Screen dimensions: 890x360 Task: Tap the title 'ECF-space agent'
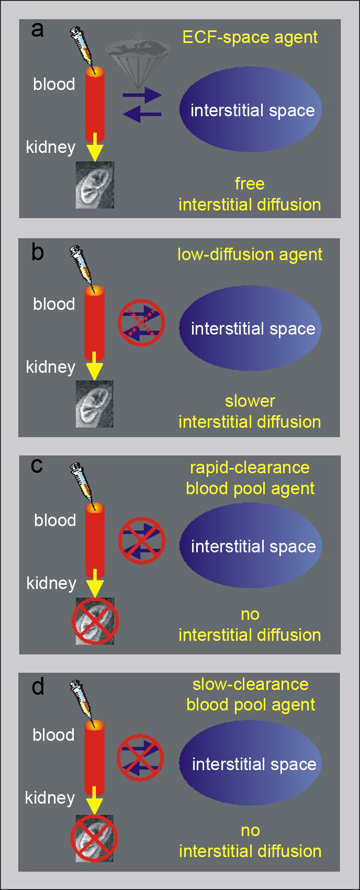coord(250,37)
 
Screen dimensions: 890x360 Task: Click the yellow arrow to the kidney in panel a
coord(95,147)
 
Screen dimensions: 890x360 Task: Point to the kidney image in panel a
coord(95,184)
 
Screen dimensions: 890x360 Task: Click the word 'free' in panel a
coord(250,184)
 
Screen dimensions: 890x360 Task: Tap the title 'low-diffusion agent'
coord(250,254)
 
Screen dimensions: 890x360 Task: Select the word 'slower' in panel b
coord(250,401)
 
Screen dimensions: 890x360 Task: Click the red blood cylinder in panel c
coord(95,537)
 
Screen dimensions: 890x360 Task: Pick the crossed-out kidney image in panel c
coord(95,621)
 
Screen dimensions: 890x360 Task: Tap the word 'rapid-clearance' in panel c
coord(250,468)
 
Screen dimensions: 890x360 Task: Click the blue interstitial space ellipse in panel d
coord(250,764)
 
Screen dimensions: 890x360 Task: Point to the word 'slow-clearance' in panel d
coord(250,684)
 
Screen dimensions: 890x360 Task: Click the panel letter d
coord(38,687)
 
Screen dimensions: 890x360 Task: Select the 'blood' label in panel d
coord(53,735)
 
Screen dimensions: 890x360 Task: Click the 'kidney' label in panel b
coord(51,367)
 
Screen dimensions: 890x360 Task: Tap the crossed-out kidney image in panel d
coord(94,838)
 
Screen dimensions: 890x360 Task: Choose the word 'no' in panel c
coord(250,614)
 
